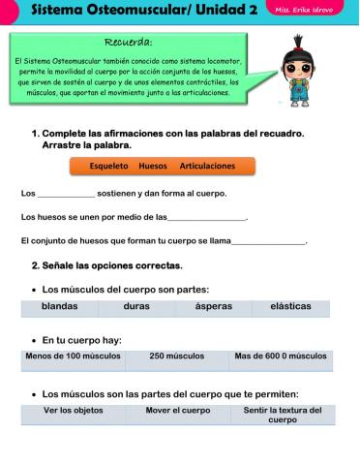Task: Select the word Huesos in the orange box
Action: pyautogui.click(x=153, y=166)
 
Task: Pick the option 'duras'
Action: pyautogui.click(x=136, y=306)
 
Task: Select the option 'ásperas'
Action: pyautogui.click(x=213, y=306)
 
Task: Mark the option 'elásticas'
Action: pyautogui.click(x=290, y=306)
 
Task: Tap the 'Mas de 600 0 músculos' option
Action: pyautogui.click(x=281, y=356)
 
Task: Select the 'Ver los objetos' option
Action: pyautogui.click(x=73, y=411)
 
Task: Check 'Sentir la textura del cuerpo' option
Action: pyautogui.click(x=282, y=415)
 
